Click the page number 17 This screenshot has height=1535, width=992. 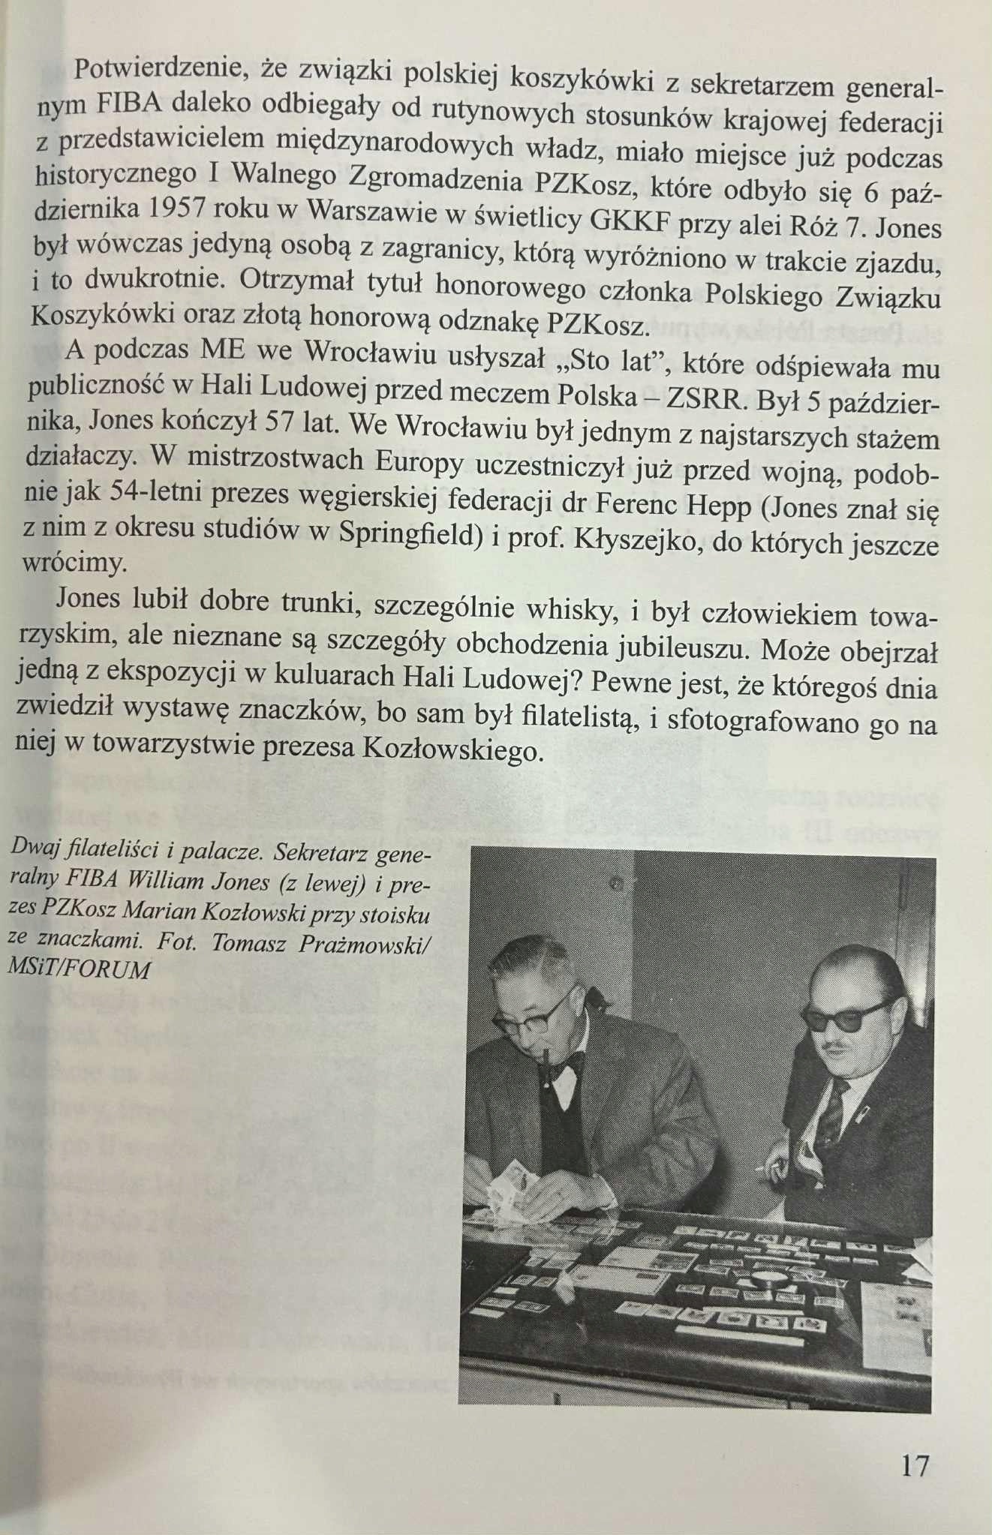coord(914,1465)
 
